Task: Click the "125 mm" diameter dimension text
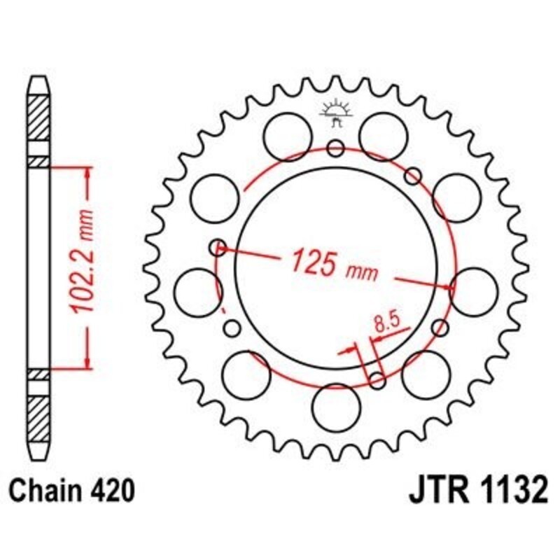[334, 263]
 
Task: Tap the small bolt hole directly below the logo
[335, 148]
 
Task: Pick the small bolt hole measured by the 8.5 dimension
[377, 380]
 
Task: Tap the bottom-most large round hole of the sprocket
[334, 407]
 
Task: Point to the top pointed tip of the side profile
[39, 78]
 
